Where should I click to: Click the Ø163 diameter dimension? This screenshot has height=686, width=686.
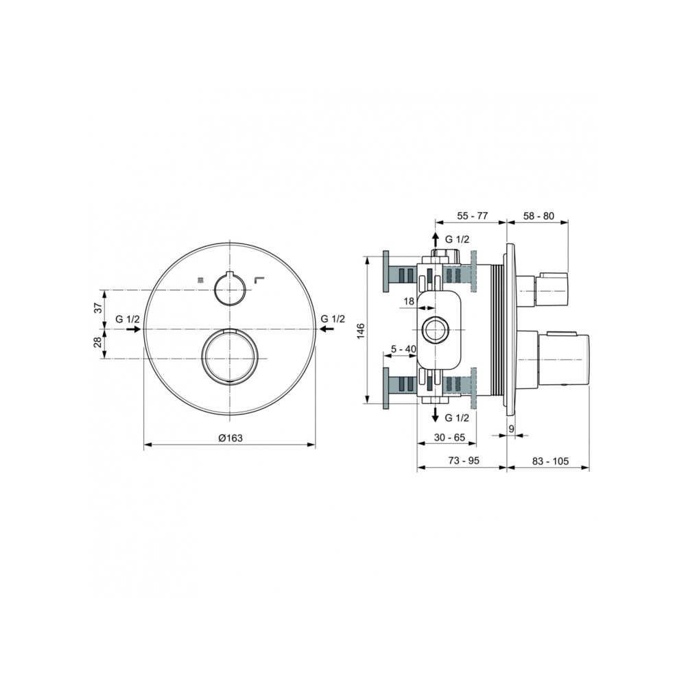[x=230, y=438]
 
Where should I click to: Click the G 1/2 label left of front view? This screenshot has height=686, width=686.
[x=128, y=319]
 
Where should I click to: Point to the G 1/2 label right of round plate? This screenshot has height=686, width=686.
[x=333, y=319]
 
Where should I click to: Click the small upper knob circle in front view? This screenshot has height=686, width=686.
[x=229, y=288]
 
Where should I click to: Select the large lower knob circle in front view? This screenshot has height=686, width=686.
[x=230, y=355]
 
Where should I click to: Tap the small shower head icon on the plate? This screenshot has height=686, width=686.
[x=200, y=279]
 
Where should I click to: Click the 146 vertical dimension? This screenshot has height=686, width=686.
[x=360, y=331]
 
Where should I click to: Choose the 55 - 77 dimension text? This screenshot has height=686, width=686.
[x=472, y=216]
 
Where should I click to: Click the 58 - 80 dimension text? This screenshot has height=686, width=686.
[x=539, y=216]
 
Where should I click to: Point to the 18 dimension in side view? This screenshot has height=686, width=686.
[x=409, y=301]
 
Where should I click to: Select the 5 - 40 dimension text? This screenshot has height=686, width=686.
[x=403, y=350]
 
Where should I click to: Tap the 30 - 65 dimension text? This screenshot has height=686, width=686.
[x=450, y=438]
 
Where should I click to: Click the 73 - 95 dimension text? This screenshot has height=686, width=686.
[x=462, y=461]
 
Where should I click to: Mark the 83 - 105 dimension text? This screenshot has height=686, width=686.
[x=551, y=461]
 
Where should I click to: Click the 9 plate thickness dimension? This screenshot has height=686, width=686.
[x=511, y=428]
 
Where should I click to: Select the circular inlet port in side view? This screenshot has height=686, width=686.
[x=435, y=331]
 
